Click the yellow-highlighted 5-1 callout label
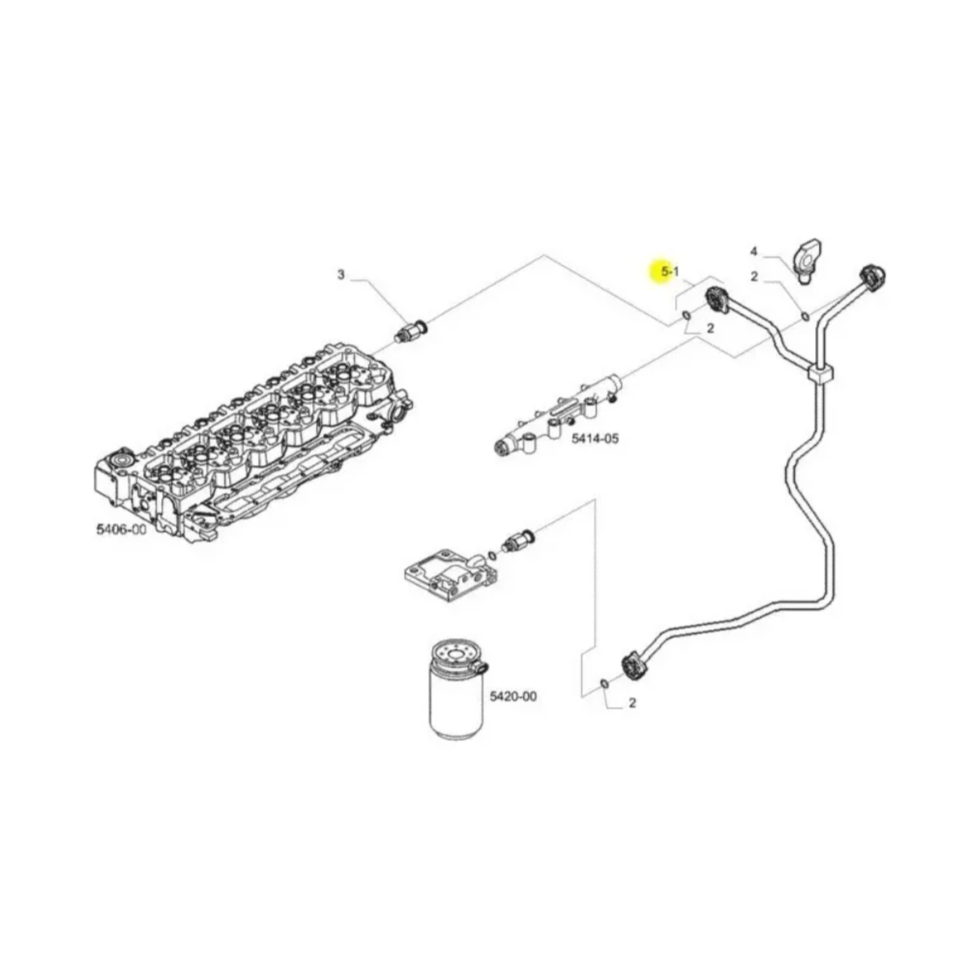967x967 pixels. tap(670, 273)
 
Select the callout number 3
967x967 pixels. tap(340, 276)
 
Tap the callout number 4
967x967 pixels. tap(754, 251)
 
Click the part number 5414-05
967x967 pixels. tap(595, 439)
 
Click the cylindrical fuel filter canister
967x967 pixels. tap(454, 691)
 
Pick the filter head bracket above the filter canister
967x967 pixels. tap(447, 571)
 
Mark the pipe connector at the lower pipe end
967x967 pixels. tap(633, 665)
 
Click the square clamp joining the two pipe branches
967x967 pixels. tap(820, 374)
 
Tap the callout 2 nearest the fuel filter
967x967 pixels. tap(632, 704)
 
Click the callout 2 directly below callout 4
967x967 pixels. tap(755, 278)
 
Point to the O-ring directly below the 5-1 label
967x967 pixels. tap(685, 316)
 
